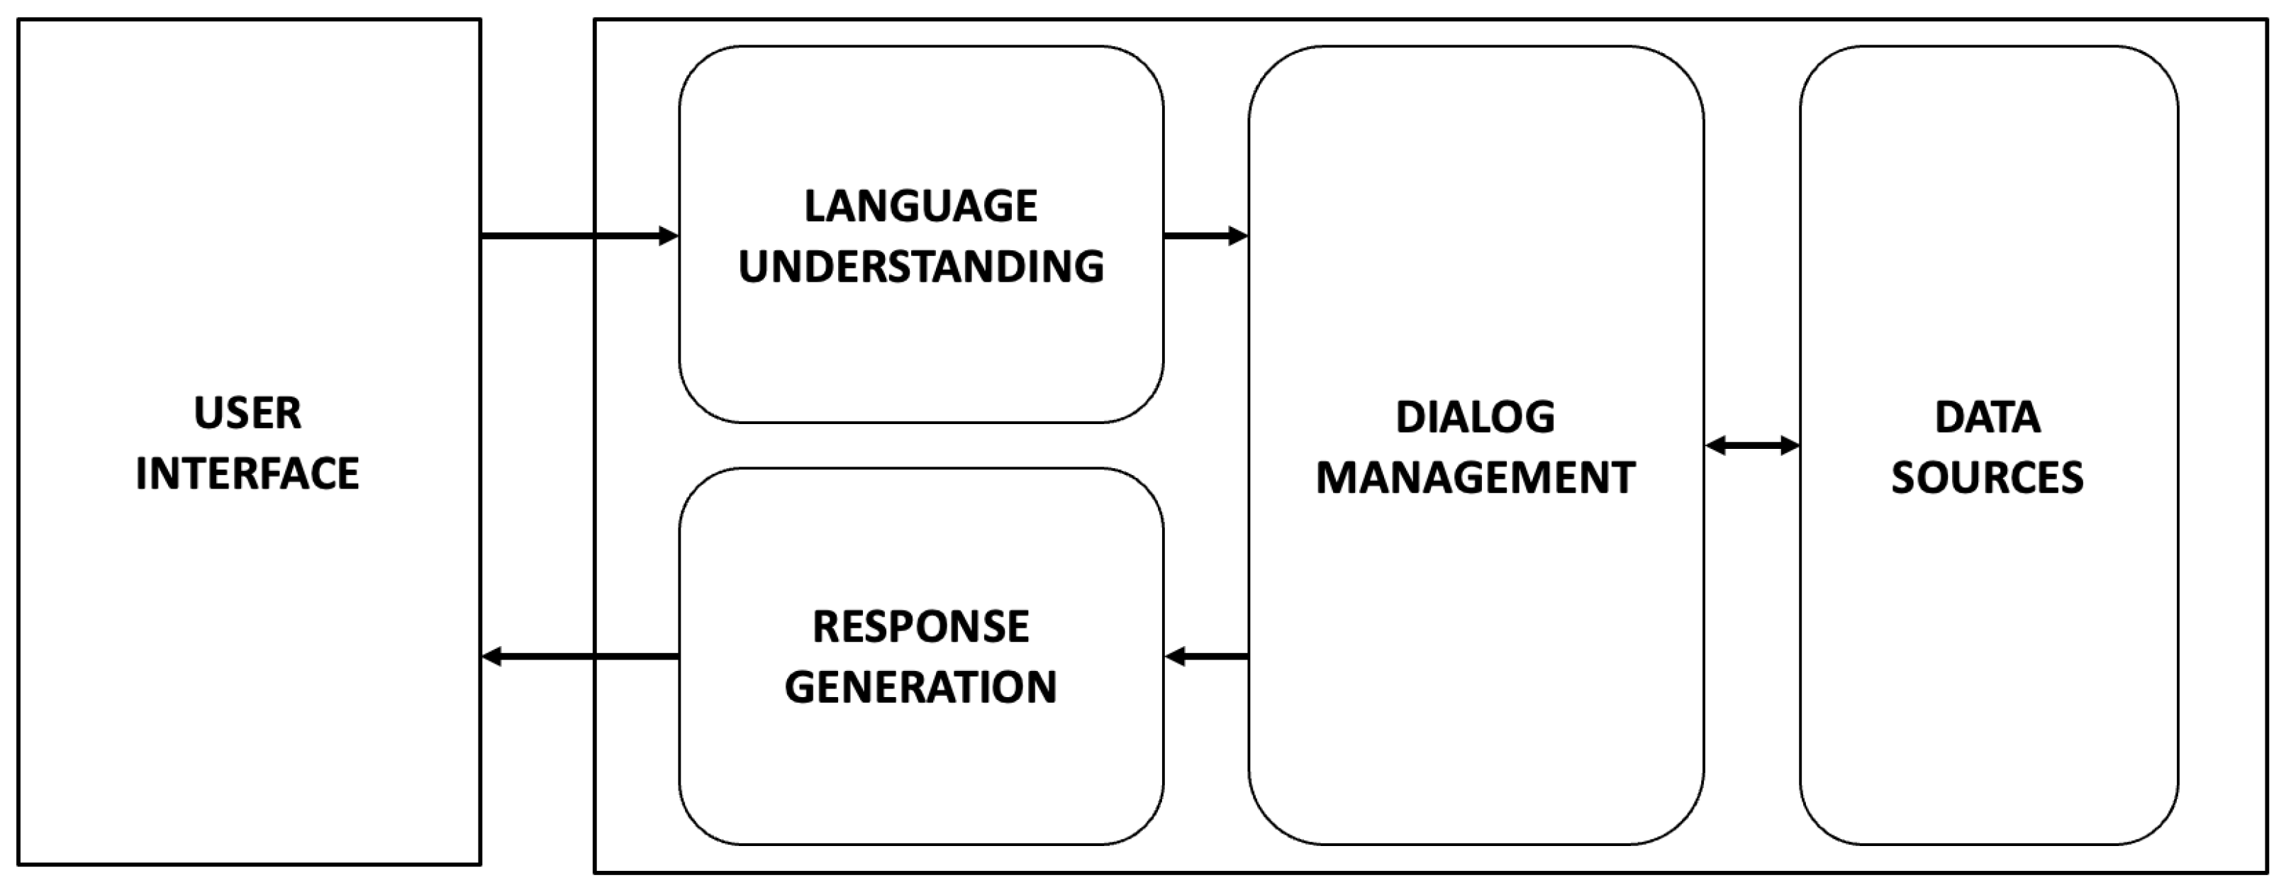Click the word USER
coord(247,413)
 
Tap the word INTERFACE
coord(247,474)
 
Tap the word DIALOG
coord(1475,417)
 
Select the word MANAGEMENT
coord(1475,478)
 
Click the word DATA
coord(1987,417)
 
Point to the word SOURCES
coord(1987,478)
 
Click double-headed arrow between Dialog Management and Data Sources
coord(1752,445)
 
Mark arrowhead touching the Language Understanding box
coord(669,236)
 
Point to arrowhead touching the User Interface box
coord(491,657)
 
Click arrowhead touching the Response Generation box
coord(1175,657)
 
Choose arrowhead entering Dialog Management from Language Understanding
coord(1238,236)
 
